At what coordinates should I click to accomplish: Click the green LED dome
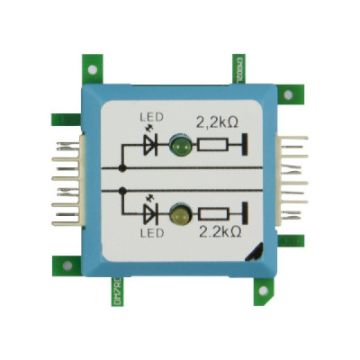click(179, 144)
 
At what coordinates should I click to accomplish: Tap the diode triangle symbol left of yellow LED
click(149, 214)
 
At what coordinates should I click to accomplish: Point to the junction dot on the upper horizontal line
click(121, 168)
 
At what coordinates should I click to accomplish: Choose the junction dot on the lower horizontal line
click(121, 190)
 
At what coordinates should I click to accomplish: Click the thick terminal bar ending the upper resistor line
click(247, 144)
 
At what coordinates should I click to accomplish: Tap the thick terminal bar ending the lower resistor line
click(247, 215)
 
